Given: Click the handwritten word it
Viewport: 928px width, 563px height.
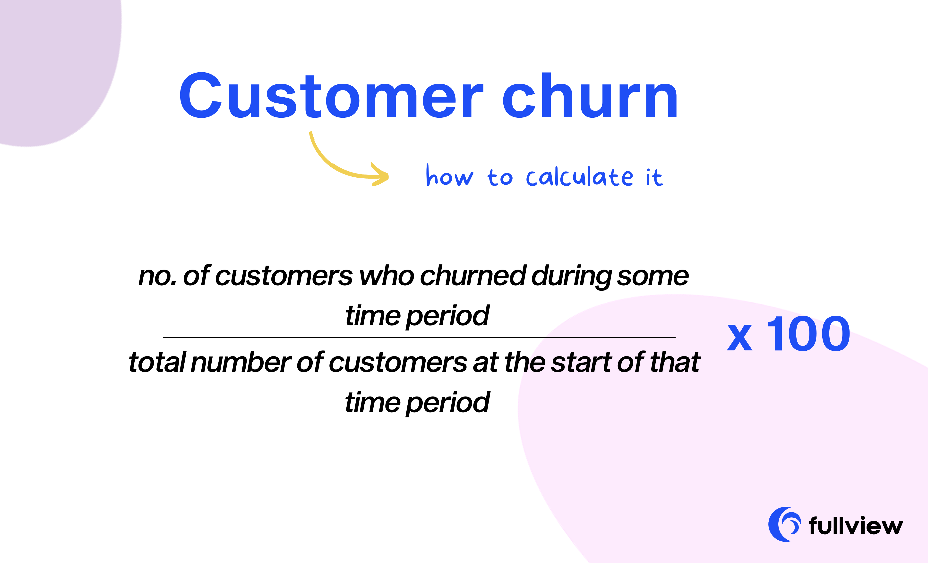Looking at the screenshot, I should tap(654, 177).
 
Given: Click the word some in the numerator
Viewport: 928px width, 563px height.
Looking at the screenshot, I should tap(653, 277).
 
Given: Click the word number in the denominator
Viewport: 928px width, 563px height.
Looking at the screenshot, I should tap(241, 362).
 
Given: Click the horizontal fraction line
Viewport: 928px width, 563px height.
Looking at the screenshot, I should tap(419, 338).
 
